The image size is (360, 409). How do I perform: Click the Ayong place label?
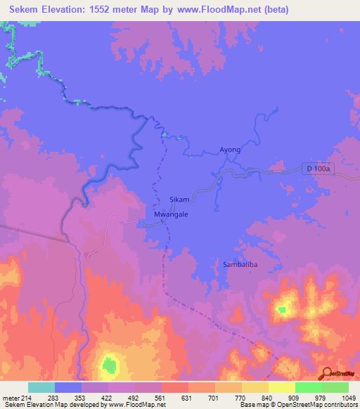[x=230, y=150]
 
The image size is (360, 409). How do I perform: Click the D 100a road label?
[x=319, y=169]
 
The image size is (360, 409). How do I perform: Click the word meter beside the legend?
[x=9, y=398]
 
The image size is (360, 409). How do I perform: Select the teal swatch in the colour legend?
[x=41, y=387]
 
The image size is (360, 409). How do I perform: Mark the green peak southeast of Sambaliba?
[x=283, y=309]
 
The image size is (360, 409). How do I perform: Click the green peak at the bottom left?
[x=109, y=364]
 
